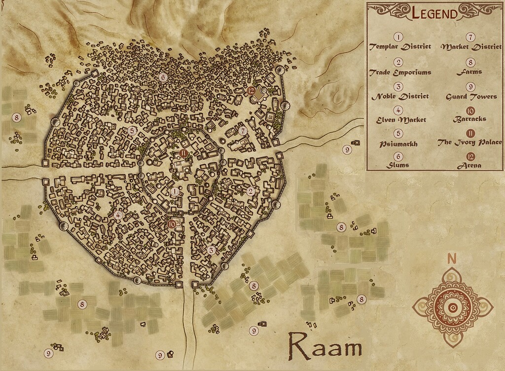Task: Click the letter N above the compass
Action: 451,259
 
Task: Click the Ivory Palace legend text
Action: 470,143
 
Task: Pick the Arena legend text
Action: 470,166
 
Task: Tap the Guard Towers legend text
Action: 471,96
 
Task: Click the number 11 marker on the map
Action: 183,153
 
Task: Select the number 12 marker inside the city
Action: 252,90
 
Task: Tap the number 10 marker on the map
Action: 172,223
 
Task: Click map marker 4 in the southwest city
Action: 118,215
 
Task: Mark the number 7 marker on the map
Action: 244,131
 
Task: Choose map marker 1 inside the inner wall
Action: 174,191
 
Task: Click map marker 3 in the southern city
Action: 211,250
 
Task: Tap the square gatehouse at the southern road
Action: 194,285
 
